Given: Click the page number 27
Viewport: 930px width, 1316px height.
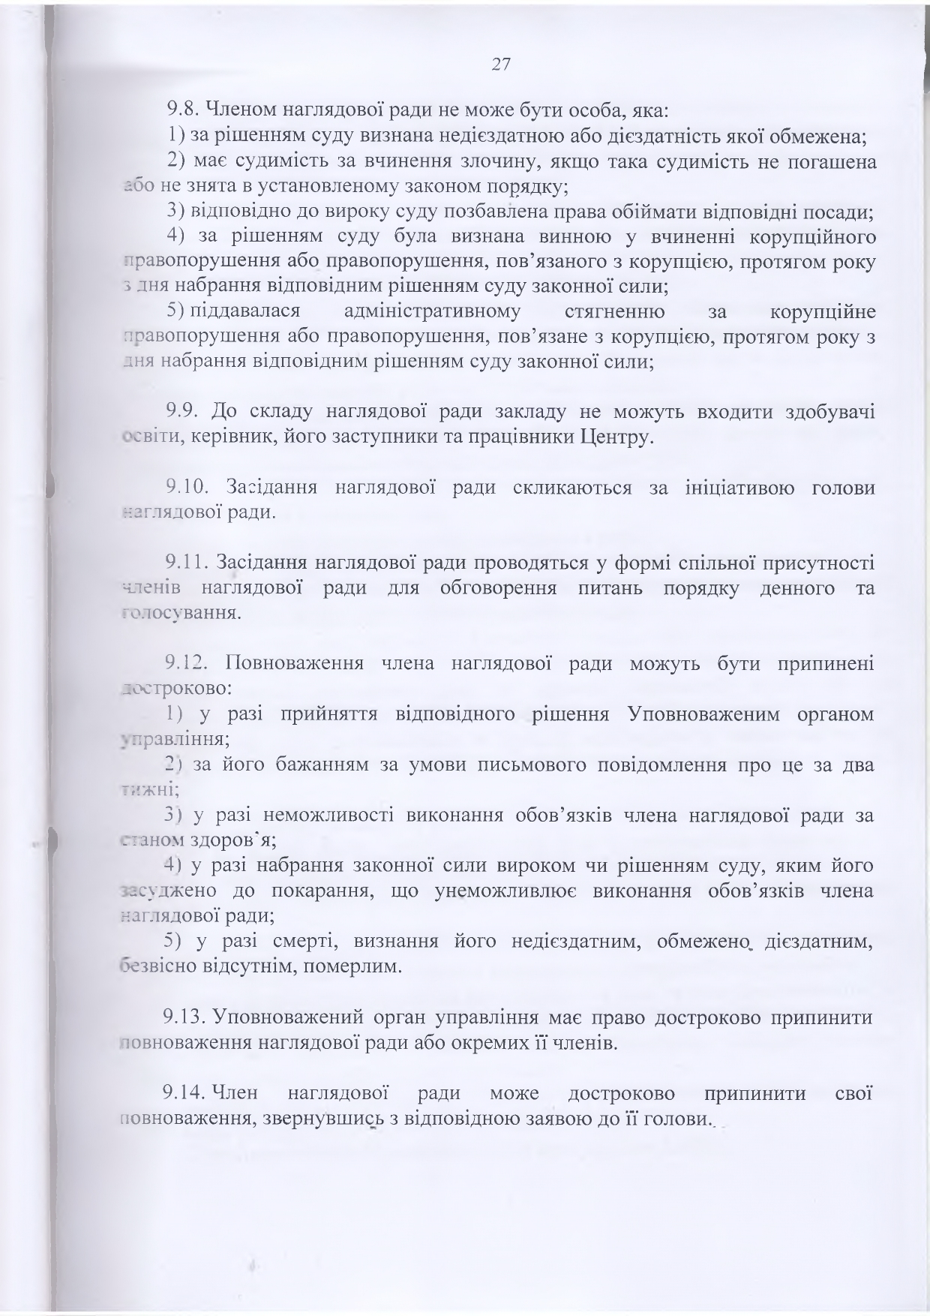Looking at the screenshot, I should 501,65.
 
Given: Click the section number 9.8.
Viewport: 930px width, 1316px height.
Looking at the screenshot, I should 181,111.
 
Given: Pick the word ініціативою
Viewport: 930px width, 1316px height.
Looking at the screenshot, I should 739,488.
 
